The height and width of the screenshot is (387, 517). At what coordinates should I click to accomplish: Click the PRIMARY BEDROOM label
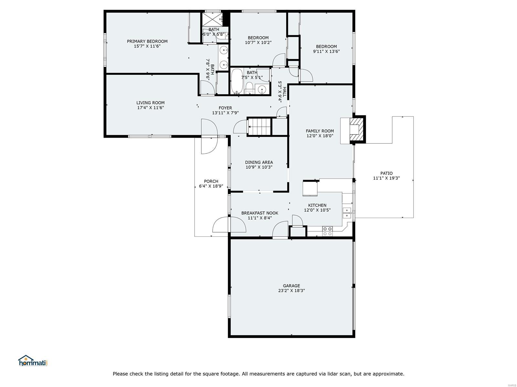coord(147,41)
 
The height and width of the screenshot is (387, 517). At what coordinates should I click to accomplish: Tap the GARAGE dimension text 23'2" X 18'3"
coord(291,291)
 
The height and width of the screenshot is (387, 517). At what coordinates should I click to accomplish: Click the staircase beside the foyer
coord(259,127)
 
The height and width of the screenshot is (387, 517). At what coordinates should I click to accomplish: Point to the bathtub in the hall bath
coord(237,81)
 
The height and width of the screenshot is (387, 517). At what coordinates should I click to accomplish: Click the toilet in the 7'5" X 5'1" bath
coord(249,88)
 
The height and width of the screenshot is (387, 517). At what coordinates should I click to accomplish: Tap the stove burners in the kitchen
coord(327,231)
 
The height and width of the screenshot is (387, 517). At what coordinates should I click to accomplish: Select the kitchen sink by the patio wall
coord(347,213)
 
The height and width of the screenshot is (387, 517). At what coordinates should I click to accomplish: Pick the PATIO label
coord(386,173)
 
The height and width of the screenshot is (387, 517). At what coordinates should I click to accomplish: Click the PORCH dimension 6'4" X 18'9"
coord(211,186)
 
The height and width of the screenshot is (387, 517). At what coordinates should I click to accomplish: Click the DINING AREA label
coord(259,162)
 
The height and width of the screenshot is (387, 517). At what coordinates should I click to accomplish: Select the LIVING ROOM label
coord(150,103)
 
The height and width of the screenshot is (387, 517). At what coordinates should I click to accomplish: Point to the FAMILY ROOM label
coord(320,131)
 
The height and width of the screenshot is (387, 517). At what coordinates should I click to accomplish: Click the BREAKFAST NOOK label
coord(259,213)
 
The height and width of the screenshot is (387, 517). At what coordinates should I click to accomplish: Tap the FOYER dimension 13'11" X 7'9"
coord(225,113)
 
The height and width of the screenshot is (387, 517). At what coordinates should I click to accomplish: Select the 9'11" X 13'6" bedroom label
coord(326,51)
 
